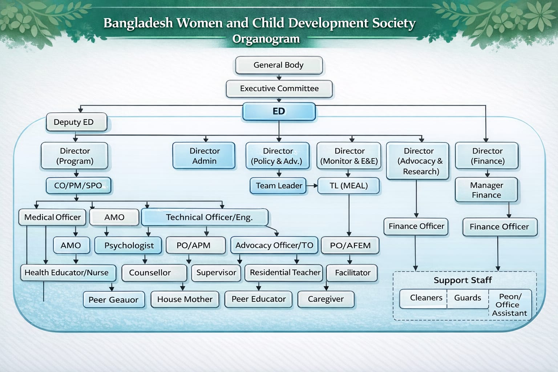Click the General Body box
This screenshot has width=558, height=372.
click(x=279, y=65)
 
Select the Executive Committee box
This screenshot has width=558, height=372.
click(x=279, y=89)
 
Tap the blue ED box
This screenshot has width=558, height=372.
click(x=279, y=112)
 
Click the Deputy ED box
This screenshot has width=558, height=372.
click(x=77, y=122)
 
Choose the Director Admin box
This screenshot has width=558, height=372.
click(x=204, y=156)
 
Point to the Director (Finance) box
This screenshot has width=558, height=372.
click(x=487, y=156)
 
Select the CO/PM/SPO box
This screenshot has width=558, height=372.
click(x=78, y=186)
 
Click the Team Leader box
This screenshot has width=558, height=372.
click(x=278, y=186)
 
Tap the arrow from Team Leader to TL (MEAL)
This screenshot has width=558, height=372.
click(x=312, y=186)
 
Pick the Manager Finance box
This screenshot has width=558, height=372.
click(x=486, y=190)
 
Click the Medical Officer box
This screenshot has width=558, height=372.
click(x=52, y=217)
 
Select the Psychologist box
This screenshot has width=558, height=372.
click(x=128, y=246)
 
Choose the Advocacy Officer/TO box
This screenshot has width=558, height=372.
click(x=274, y=246)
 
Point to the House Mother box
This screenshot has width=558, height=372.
click(x=185, y=299)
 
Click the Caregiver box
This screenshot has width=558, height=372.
click(x=326, y=299)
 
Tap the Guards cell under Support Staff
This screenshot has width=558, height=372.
click(x=468, y=298)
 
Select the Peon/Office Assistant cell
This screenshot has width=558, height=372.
click(x=510, y=305)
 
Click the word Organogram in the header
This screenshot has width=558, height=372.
click(x=266, y=39)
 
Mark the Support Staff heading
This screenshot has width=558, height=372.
click(x=463, y=280)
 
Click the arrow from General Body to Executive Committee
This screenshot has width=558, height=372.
click(x=279, y=77)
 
